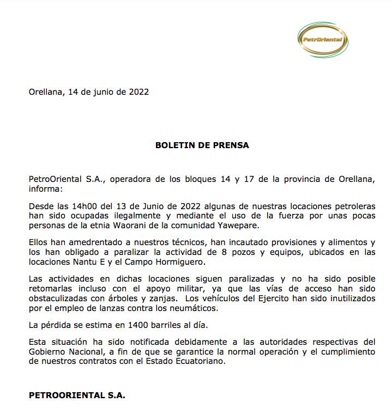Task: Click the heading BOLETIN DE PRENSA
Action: click(202, 145)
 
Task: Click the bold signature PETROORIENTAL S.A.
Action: click(77, 395)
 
